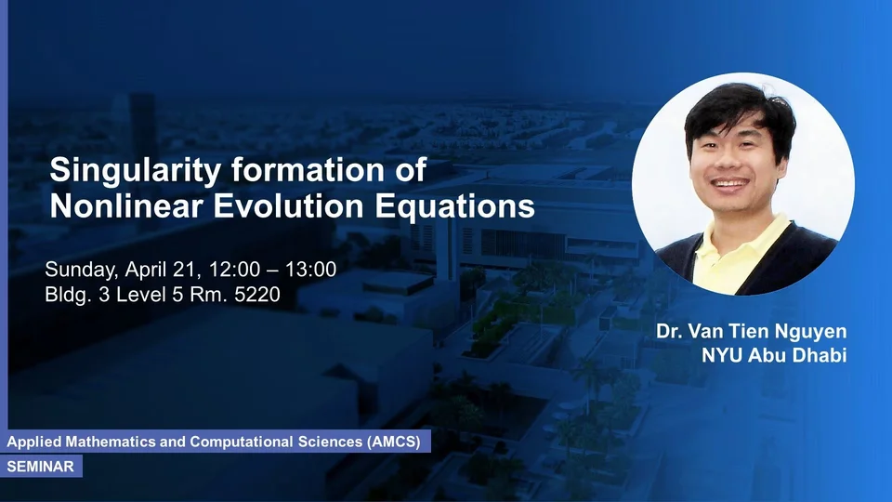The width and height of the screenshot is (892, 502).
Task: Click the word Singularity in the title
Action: pyautogui.click(x=136, y=171)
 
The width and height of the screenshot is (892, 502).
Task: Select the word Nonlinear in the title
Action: pyautogui.click(x=126, y=205)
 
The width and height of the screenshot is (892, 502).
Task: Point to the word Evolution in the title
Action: pyautogui.click(x=288, y=205)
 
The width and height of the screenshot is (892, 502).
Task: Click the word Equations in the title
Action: pyautogui.click(x=454, y=206)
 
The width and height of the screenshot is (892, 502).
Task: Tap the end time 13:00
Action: pyautogui.click(x=310, y=270)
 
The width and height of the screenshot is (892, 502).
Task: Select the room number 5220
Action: pyautogui.click(x=257, y=295)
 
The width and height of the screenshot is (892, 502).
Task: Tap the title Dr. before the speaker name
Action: pyautogui.click(x=669, y=331)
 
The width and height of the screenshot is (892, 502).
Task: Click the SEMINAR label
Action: pyautogui.click(x=40, y=467)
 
